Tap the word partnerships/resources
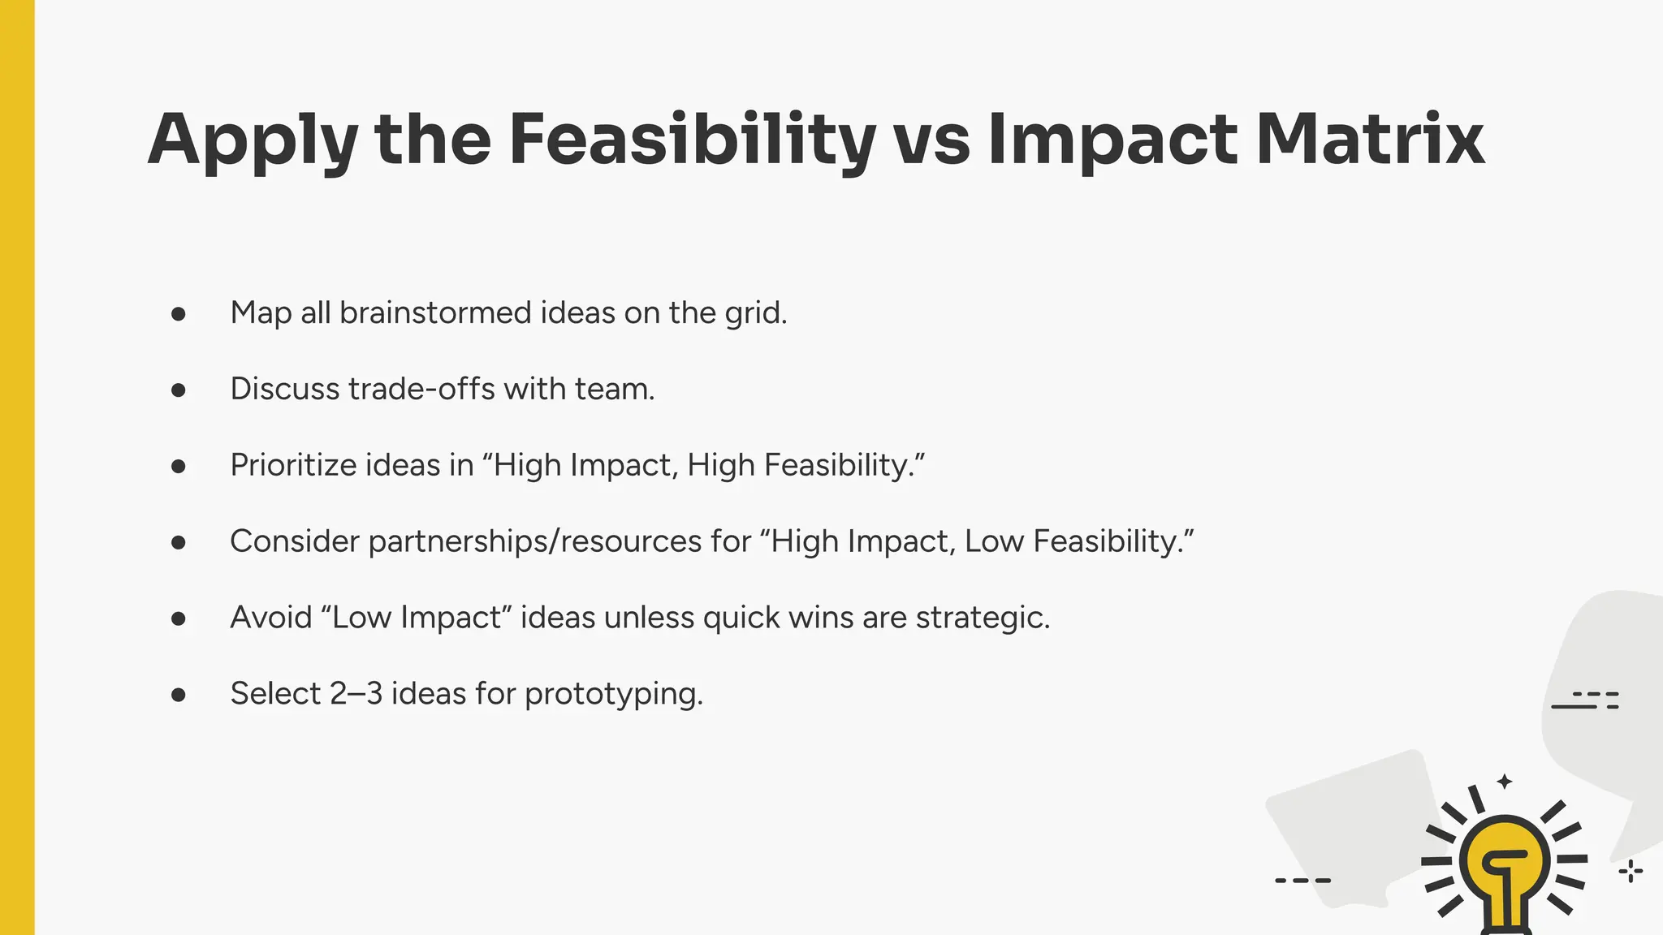535,541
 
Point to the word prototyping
613,695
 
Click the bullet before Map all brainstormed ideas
179,314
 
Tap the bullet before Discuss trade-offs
179,390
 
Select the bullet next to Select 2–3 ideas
179,695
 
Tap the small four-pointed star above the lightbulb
1505,782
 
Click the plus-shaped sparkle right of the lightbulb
1631,872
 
